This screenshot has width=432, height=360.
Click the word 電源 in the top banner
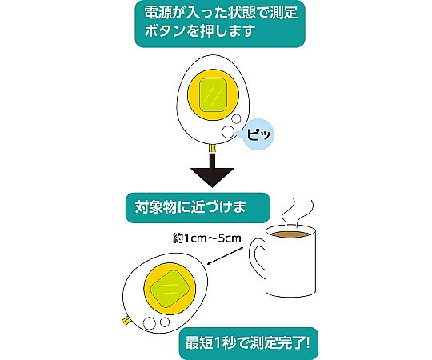tap(157, 13)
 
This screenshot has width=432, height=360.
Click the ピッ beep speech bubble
tap(258, 134)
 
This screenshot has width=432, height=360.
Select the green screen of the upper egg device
tap(213, 94)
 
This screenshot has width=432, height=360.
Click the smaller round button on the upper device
tap(236, 119)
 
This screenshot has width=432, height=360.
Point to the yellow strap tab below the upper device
tap(212, 149)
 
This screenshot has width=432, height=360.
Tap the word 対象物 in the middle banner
tap(155, 207)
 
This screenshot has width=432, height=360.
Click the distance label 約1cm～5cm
tap(207, 238)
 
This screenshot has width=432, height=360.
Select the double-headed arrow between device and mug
tap(225, 256)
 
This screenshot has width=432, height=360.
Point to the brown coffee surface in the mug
tap(291, 234)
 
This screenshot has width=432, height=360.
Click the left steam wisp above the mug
tap(289, 212)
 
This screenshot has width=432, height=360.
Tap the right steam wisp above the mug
tap(305, 213)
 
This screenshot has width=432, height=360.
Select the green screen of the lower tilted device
tap(170, 289)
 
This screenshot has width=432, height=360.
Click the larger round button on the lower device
tap(149, 323)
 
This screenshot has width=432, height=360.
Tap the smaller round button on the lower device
tap(165, 322)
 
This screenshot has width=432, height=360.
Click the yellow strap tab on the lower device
tap(126, 321)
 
